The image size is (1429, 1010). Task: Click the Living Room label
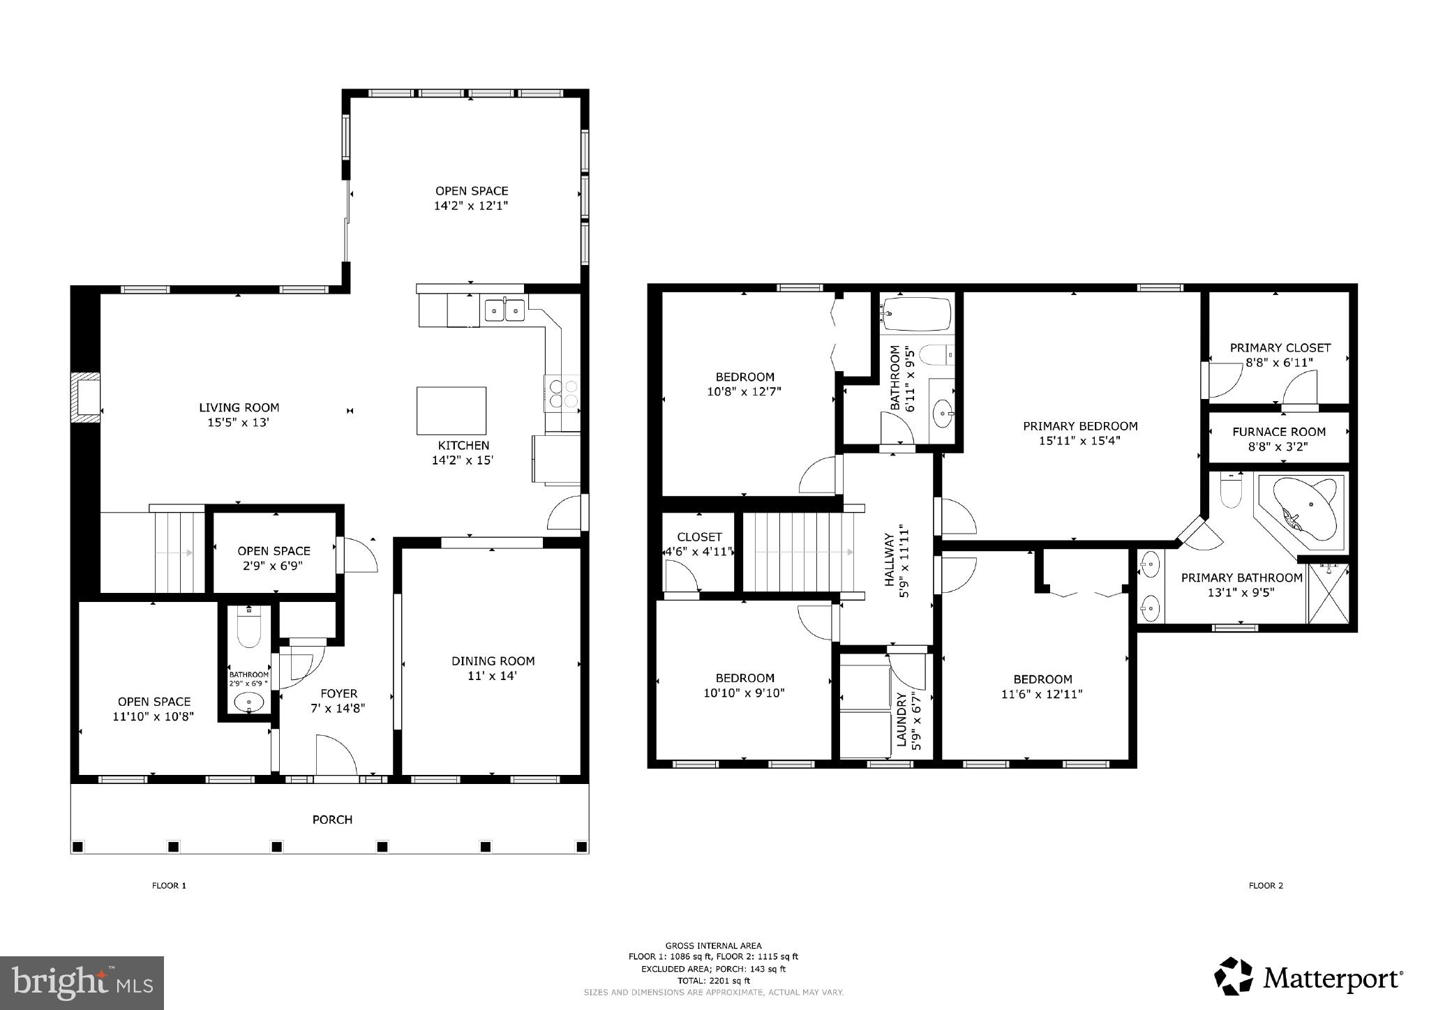point(239,407)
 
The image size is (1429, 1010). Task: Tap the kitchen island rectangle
point(451,411)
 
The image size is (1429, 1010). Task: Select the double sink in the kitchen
point(504,309)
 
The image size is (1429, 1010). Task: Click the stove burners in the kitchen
point(562,393)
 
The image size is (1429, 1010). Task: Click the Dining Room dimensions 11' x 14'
point(493,676)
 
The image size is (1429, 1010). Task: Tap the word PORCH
point(332,820)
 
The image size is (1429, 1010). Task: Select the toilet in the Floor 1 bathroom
point(249,629)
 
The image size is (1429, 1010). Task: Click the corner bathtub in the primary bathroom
point(1305,507)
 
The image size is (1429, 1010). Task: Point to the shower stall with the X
point(1328,593)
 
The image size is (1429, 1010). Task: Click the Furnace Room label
point(1278,432)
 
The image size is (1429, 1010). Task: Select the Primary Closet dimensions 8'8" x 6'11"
point(1279,363)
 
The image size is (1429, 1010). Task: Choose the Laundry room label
point(900,721)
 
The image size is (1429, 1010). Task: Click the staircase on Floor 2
point(798,552)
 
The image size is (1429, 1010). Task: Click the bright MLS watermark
point(82,983)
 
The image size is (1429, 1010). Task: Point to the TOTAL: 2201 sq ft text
point(713,980)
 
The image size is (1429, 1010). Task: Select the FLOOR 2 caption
point(1265,886)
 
